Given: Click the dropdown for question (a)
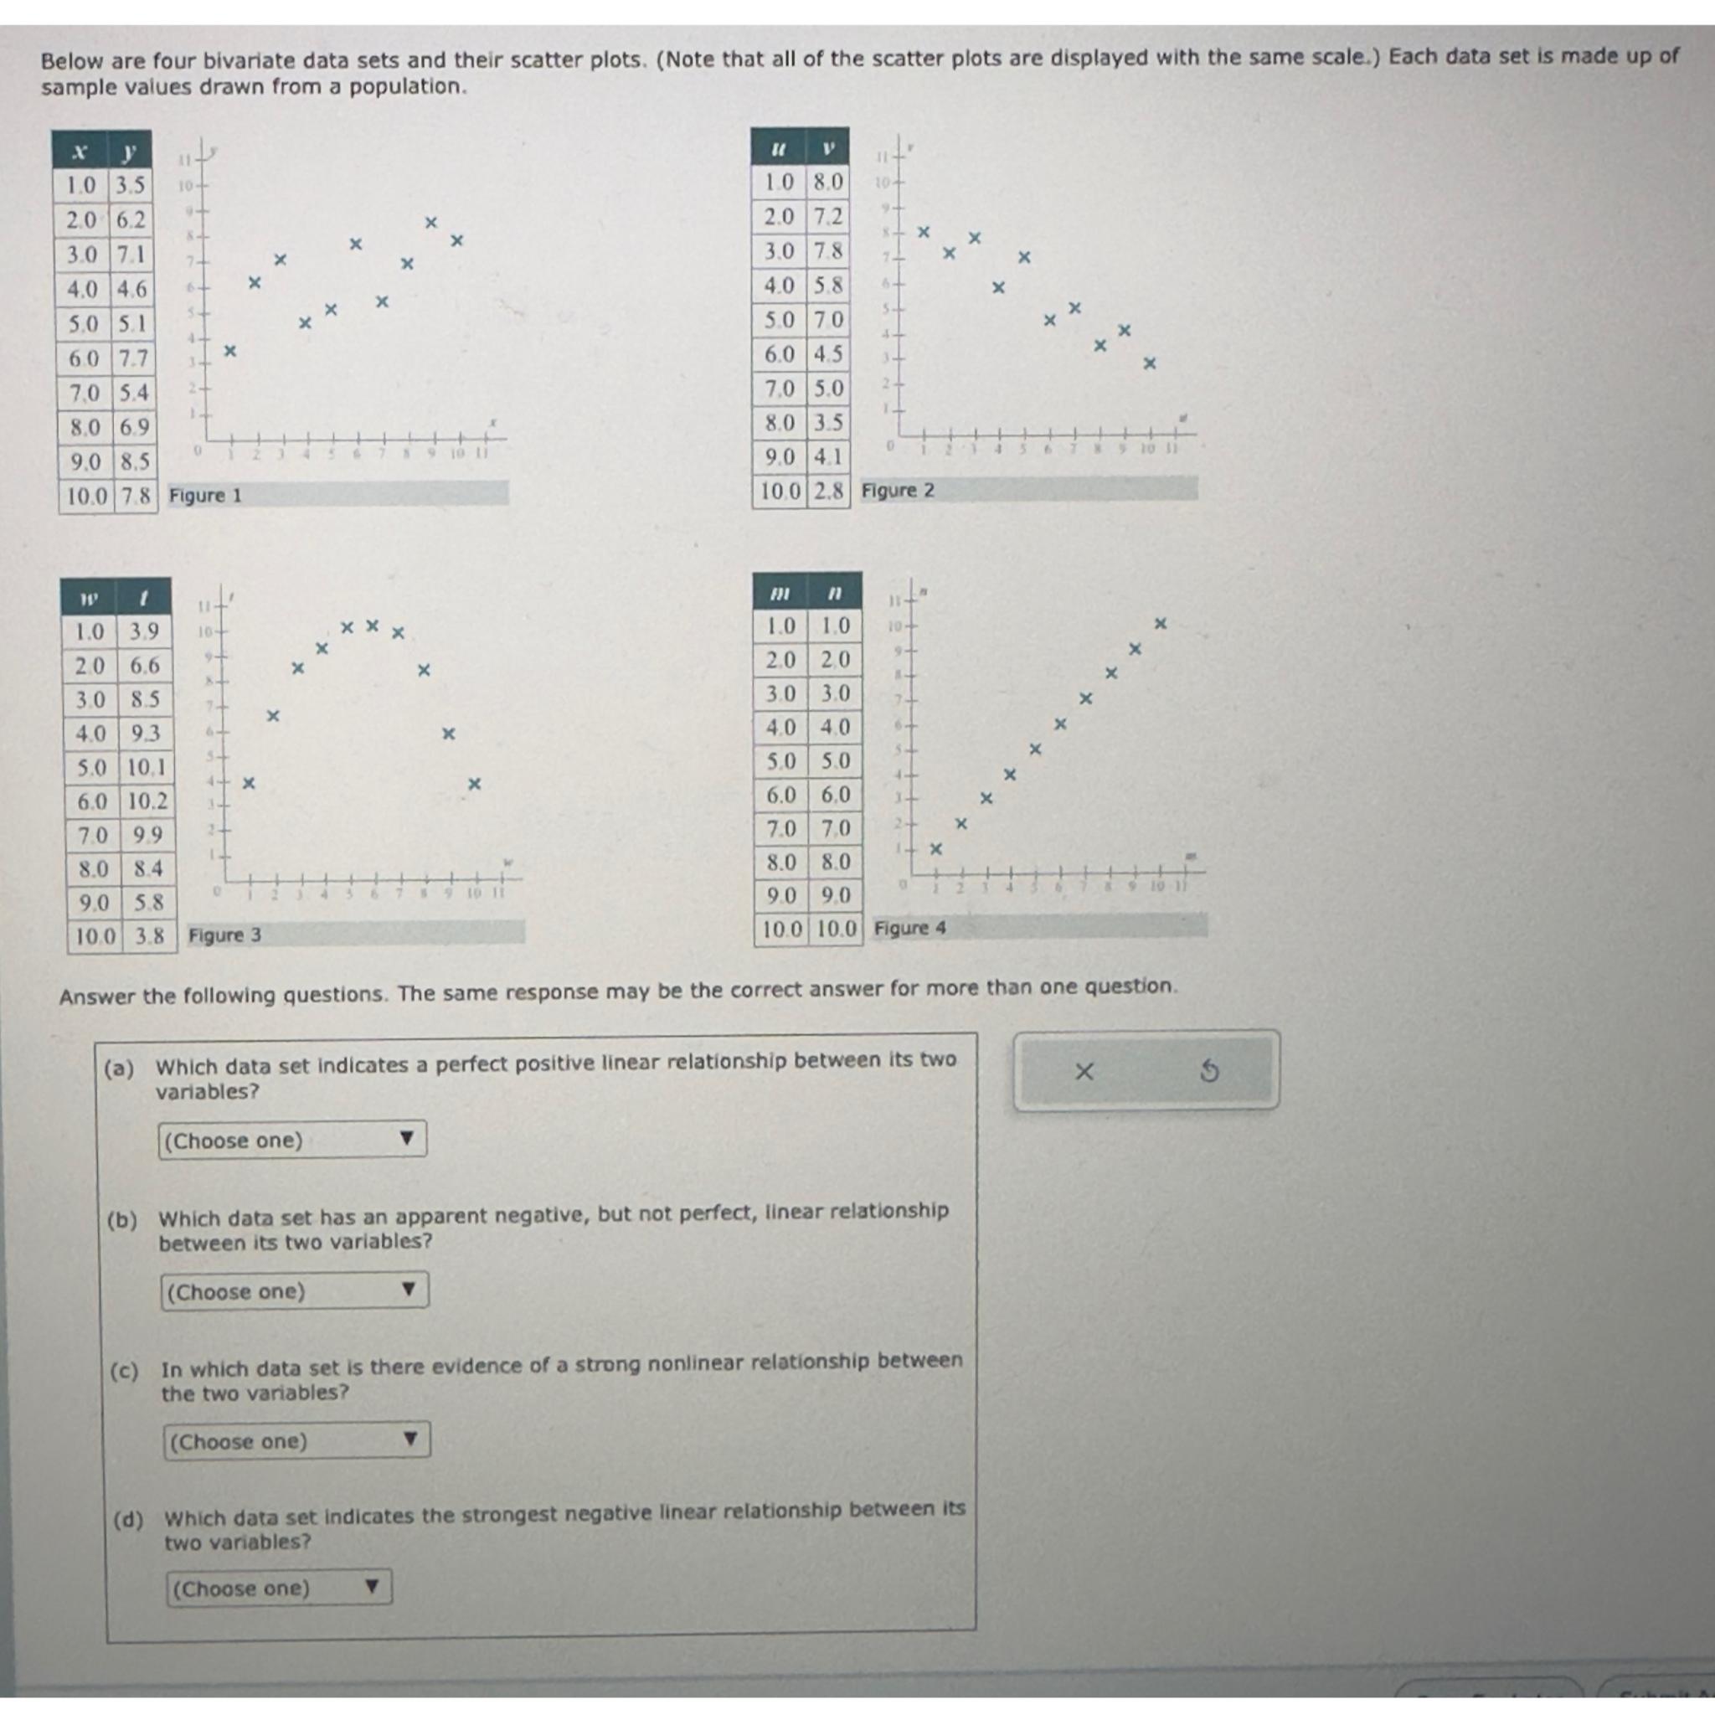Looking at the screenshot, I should tap(292, 1140).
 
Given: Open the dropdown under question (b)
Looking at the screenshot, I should tap(295, 1290).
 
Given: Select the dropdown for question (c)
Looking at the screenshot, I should tap(296, 1440).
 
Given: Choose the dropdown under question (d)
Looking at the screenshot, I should tap(279, 1588).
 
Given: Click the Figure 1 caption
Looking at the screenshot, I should tap(206, 496).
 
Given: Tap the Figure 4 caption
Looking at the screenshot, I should tap(910, 929).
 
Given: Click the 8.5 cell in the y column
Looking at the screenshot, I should tap(134, 461).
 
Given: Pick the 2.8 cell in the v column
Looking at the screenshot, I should tap(828, 491).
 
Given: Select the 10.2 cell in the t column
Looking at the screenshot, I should tap(147, 801).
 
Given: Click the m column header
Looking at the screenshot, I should tap(780, 592).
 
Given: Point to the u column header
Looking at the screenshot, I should tap(779, 149).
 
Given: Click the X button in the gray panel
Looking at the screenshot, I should tap(1084, 1071).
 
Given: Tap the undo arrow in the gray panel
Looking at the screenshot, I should tap(1209, 1071).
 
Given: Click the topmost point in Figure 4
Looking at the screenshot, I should tap(1159, 624).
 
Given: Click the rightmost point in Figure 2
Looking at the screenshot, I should tap(1150, 363).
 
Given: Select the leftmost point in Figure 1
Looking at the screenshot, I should tap(229, 352).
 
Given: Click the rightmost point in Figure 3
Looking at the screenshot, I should tap(474, 784).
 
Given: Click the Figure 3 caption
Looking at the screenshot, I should tap(225, 935).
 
